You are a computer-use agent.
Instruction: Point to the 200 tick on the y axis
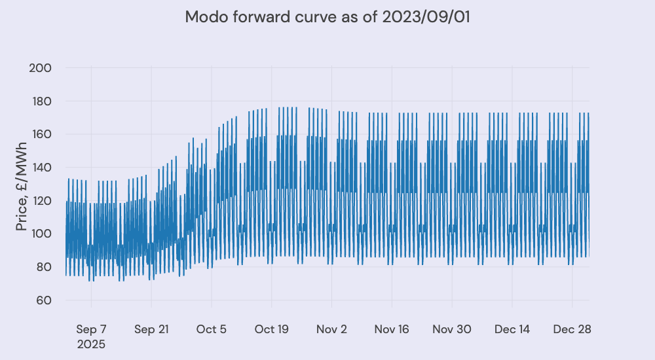41,68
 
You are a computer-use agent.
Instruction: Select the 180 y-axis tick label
41,101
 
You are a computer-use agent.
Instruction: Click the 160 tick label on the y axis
41,135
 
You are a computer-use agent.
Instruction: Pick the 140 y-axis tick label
41,168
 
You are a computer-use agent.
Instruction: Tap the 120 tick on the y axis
41,201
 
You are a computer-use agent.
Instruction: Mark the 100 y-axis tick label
41,234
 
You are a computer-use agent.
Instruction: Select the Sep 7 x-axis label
91,329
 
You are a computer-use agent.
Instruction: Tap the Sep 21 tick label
151,329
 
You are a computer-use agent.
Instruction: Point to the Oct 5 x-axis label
212,329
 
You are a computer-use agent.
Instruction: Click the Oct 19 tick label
272,329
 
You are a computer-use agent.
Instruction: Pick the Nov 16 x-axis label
392,329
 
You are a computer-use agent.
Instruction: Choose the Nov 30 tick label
452,329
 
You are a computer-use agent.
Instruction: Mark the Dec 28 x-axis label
572,329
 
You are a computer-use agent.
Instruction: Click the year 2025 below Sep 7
91,344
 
